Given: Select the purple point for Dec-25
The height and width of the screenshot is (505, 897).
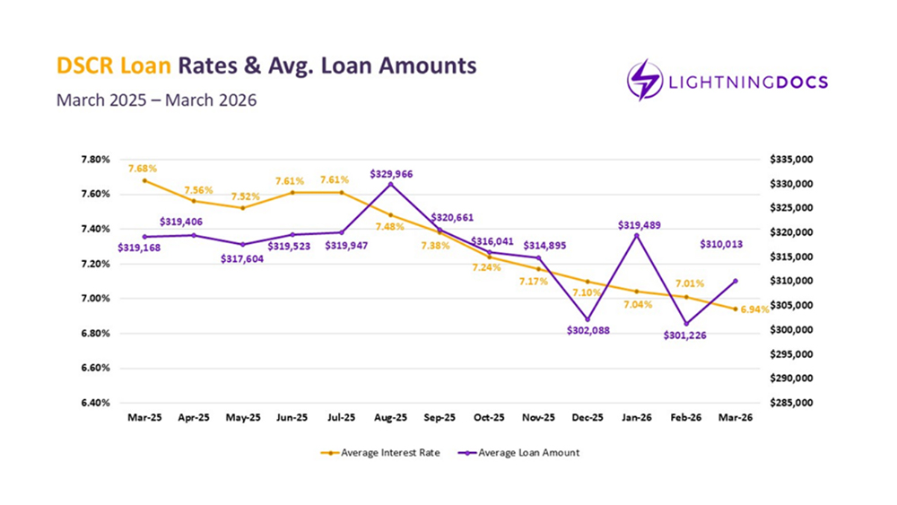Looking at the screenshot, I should point(588,319).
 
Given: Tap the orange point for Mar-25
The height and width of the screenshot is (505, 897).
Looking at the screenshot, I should point(144,180).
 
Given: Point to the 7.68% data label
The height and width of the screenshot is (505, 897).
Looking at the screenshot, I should point(144,168).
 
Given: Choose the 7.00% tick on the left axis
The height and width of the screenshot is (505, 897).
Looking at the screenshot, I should point(95,299).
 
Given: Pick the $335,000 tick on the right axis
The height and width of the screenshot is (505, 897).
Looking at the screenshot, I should point(790,160).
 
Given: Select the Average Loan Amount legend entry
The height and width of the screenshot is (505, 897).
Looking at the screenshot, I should point(519,453).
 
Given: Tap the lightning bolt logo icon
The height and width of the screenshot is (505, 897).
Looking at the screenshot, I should point(644,81).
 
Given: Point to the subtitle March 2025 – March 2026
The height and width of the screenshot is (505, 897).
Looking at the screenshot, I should point(156,100).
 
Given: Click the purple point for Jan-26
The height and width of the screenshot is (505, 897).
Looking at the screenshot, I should point(637,236).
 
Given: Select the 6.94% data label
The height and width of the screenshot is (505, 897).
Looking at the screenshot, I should point(754,309).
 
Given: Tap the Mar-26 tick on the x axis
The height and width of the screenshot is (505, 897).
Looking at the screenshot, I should point(736,418).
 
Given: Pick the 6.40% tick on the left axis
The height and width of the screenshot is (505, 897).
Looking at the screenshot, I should point(95,403).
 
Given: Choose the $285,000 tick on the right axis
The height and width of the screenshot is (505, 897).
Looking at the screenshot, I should point(790,403).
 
